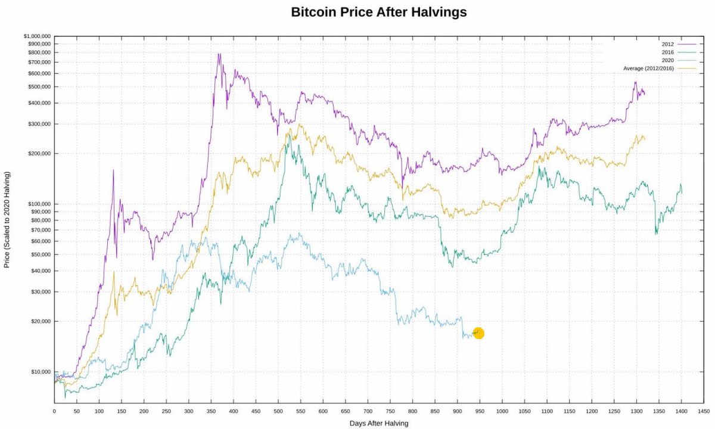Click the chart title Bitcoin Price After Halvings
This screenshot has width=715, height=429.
click(378, 12)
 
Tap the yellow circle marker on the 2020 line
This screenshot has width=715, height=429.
click(478, 333)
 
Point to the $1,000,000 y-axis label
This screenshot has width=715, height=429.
click(37, 36)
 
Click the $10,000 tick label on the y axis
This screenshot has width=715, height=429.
click(39, 372)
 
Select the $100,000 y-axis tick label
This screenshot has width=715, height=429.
click(38, 204)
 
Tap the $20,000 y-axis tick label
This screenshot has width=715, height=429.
click(39, 321)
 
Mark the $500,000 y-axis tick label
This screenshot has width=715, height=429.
click(38, 87)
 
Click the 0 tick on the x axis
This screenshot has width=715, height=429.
click(54, 411)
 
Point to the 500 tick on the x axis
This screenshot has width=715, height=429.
click(278, 411)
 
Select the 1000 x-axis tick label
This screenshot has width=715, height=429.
click(502, 411)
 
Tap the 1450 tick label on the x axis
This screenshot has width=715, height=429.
click(704, 411)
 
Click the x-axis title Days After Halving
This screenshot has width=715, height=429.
click(378, 423)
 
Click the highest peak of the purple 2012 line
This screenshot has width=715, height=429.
click(219, 54)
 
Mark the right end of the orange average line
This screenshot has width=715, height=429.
click(644, 139)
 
